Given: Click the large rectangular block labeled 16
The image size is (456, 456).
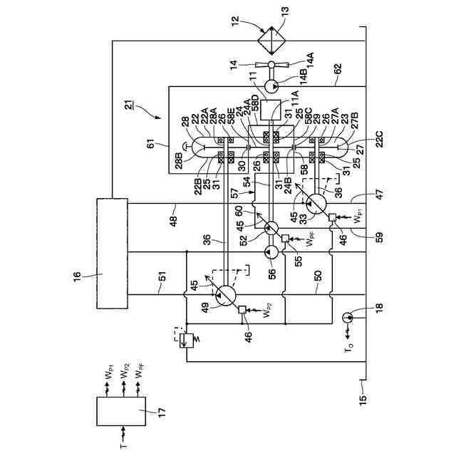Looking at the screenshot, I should tap(111, 254).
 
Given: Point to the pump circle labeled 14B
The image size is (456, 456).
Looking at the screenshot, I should tap(271, 87).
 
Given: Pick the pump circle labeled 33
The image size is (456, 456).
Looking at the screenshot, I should tap(315, 204).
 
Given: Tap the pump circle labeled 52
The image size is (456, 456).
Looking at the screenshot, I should tap(271, 229).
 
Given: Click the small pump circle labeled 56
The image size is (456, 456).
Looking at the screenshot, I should tap(271, 252).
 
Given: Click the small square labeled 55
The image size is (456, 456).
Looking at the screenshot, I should tap(284, 238).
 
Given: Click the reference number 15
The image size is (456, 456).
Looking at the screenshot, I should tap(361, 400).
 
